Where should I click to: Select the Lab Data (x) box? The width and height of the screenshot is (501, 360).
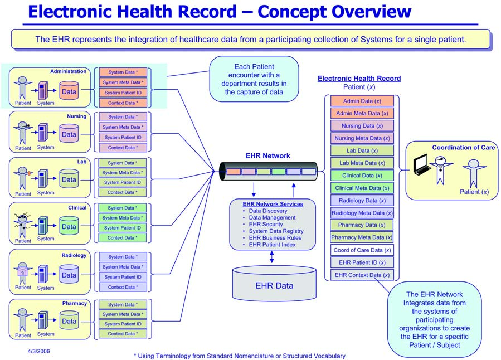[362, 150]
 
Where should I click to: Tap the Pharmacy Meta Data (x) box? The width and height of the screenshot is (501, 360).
[362, 237]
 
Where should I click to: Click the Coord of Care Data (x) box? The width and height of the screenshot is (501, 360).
[362, 250]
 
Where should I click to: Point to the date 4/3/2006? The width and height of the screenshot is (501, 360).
[38, 352]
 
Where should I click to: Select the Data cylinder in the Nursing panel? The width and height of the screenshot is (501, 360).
[69, 134]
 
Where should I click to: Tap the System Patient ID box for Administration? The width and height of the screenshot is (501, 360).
[123, 93]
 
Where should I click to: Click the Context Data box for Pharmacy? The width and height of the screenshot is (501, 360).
[123, 334]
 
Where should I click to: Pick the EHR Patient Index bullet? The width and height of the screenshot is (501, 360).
[272, 245]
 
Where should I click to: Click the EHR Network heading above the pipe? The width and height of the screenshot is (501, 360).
[267, 156]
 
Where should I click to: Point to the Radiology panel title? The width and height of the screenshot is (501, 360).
[74, 255]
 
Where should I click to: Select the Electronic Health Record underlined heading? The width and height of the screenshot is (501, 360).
[359, 79]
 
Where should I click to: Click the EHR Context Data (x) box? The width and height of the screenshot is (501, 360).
[362, 275]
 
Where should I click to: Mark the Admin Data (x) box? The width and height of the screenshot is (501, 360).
[362, 101]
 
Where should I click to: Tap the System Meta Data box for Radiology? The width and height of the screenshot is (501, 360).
[123, 267]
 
